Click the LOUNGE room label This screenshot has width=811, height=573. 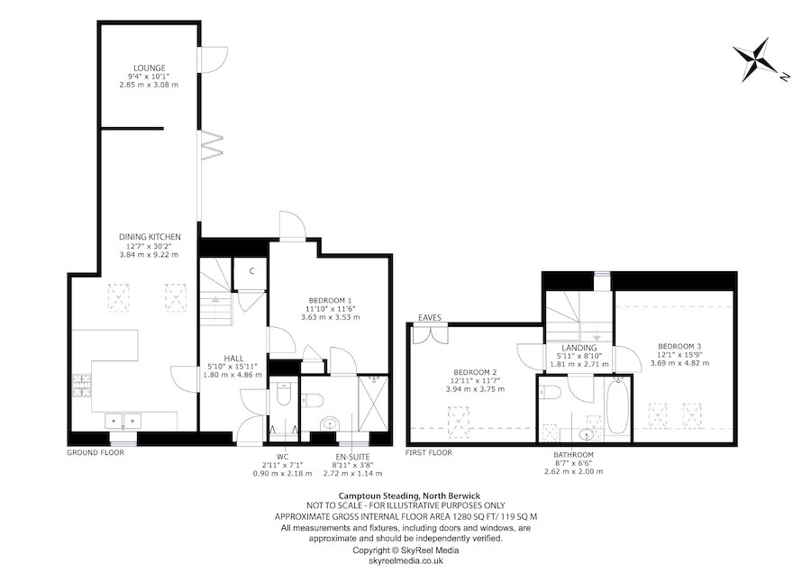pos(148,68)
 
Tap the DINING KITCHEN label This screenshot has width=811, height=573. pos(149,237)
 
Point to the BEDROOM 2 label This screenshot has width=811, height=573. pos(474,372)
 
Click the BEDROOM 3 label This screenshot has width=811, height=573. pos(680,346)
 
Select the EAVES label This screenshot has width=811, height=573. pos(430,317)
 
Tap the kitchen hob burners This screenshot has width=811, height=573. pos(79,387)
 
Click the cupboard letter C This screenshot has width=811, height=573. pos(251,271)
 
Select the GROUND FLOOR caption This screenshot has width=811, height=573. pos(96,453)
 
